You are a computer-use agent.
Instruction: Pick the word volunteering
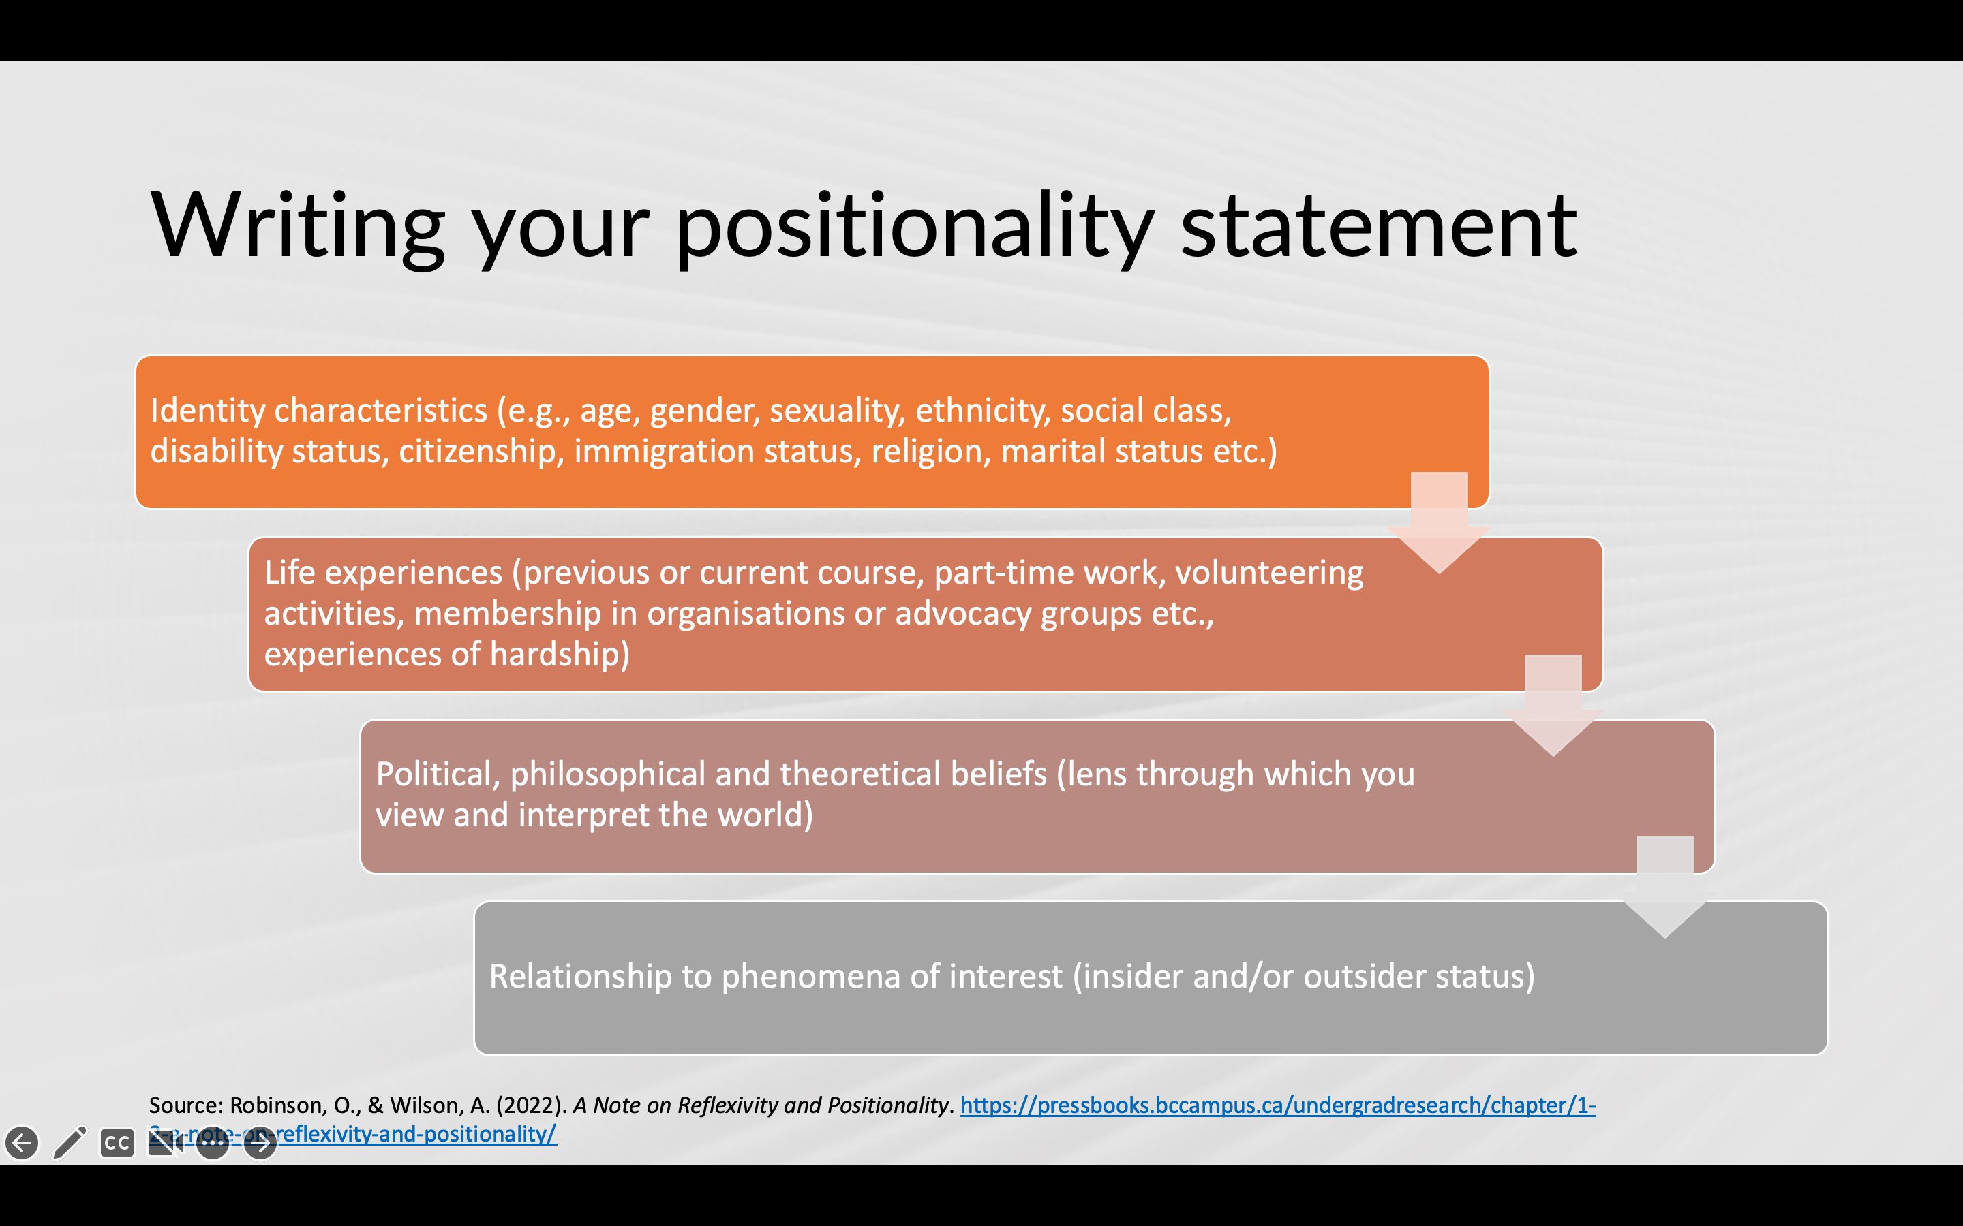1269,574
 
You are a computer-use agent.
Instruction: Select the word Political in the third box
438,774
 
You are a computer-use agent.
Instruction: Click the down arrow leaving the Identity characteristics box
1440,523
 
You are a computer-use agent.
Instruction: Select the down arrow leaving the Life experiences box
1553,706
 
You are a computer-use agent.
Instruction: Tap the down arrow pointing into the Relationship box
1664,888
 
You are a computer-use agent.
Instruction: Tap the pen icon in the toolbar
70,1142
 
